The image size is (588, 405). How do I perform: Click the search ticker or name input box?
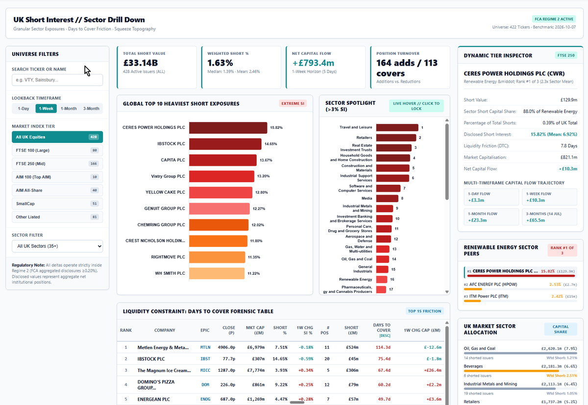click(x=57, y=80)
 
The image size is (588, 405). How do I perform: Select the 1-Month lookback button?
click(x=69, y=109)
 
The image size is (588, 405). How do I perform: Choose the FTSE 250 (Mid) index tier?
click(x=57, y=164)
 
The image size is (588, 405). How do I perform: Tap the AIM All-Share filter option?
click(x=57, y=191)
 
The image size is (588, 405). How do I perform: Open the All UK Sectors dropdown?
click(x=57, y=246)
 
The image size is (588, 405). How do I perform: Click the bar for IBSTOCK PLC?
click(x=225, y=144)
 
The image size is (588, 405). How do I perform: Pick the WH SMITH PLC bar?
click(x=217, y=273)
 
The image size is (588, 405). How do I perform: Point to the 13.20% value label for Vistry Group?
click(x=263, y=176)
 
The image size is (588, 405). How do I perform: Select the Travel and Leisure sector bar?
click(x=397, y=127)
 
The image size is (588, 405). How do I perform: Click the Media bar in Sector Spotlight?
click(x=387, y=198)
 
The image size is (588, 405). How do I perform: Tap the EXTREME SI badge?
click(x=293, y=104)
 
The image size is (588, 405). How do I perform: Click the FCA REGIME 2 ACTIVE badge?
click(x=554, y=19)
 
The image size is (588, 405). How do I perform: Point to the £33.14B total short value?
click(x=141, y=63)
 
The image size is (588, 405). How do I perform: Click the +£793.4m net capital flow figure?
click(x=313, y=63)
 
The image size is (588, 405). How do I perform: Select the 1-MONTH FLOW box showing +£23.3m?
click(x=491, y=217)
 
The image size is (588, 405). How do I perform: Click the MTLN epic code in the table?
click(x=205, y=347)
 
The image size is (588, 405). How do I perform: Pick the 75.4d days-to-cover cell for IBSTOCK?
click(x=384, y=359)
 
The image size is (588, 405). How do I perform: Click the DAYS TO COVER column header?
click(x=382, y=330)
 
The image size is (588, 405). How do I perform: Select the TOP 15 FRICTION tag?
click(x=424, y=311)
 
